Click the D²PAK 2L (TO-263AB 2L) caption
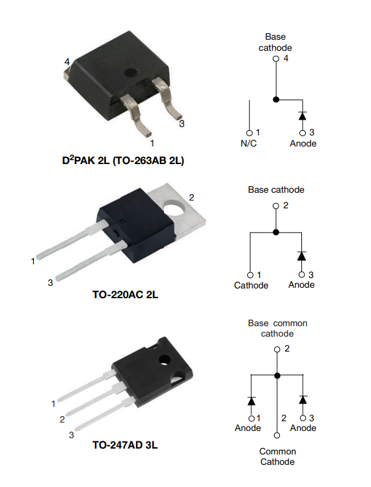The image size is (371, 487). [x=123, y=160]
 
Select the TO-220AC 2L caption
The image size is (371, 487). [x=125, y=294]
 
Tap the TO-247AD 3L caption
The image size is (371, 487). [x=125, y=445]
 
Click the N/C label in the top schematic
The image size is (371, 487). [x=249, y=143]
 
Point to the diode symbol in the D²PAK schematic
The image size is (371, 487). [x=303, y=116]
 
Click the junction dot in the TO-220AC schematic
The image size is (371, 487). [x=276, y=232]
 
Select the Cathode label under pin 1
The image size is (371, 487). [x=251, y=285]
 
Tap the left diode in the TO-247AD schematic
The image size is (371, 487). [x=251, y=401]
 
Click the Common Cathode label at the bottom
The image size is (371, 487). [x=277, y=456]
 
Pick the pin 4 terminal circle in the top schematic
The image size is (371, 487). [x=276, y=59]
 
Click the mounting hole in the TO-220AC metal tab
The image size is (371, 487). [x=174, y=208]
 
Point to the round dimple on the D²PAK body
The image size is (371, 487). [x=131, y=73]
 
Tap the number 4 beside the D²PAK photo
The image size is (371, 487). [x=67, y=62]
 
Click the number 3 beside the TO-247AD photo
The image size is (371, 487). [x=72, y=435]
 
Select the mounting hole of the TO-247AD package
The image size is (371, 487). [x=165, y=360]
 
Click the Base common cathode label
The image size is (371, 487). [x=277, y=328]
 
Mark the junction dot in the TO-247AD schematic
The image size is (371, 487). [x=277, y=376]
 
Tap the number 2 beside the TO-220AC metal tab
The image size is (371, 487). [x=191, y=197]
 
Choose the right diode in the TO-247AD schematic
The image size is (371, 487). [x=303, y=400]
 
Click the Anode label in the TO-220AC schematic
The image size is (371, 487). [x=301, y=285]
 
